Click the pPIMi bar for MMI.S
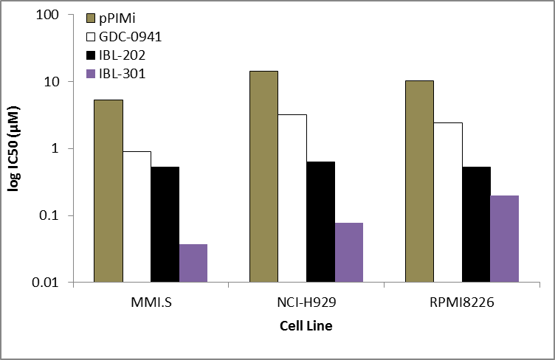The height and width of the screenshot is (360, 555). tap(108, 190)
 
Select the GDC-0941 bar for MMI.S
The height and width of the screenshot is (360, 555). tap(137, 216)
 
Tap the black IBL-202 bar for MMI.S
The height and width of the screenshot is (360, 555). tap(165, 224)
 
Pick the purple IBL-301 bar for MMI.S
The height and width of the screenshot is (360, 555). tap(193, 263)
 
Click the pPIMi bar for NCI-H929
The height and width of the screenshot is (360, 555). tap(264, 176)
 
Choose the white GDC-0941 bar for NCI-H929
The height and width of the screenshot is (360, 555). tap(292, 198)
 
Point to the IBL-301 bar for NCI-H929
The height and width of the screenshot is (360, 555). tap(349, 252)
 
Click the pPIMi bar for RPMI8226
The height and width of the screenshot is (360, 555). tap(420, 181)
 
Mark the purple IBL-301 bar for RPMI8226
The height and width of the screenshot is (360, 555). tap(505, 238)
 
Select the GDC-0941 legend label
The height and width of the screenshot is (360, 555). tap(128, 37)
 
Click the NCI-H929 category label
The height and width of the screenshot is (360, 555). tap(306, 302)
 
